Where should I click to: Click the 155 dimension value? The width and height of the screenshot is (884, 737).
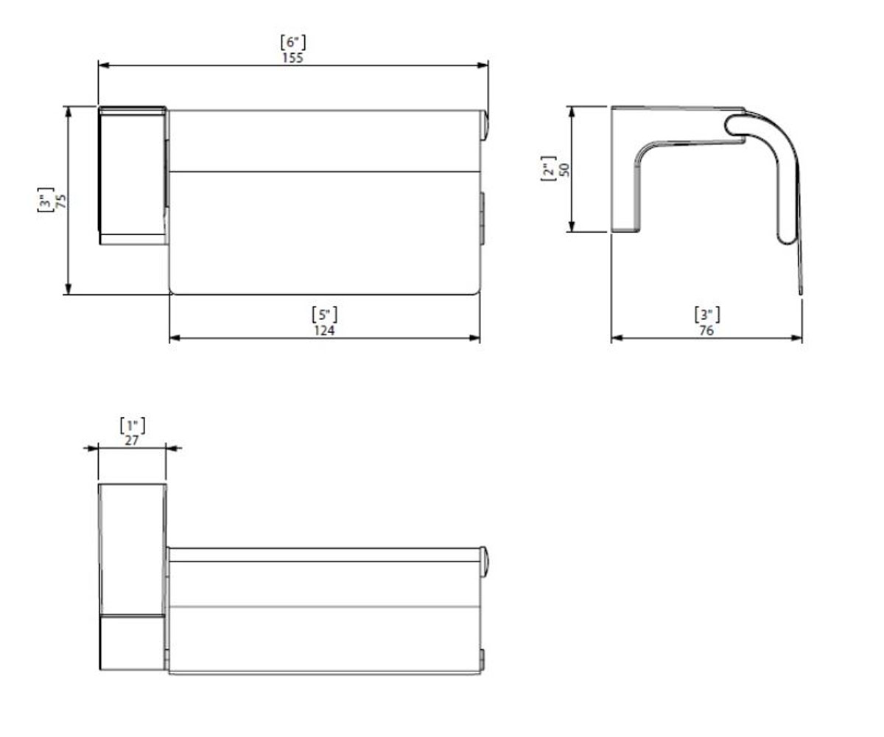click(x=292, y=57)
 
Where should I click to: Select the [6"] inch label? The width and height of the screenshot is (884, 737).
click(x=293, y=43)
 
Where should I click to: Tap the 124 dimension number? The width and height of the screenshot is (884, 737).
click(x=324, y=330)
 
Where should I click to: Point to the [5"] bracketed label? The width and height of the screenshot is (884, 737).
click(x=325, y=315)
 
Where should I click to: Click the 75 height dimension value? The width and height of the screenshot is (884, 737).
click(x=61, y=200)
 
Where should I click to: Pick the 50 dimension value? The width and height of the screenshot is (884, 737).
click(x=564, y=170)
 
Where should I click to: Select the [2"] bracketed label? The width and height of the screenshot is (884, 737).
click(x=548, y=169)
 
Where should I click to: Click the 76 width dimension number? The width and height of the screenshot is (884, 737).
click(x=706, y=330)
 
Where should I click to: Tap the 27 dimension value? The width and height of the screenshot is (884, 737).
click(x=132, y=441)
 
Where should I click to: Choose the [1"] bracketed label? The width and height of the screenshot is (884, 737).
click(x=133, y=426)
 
